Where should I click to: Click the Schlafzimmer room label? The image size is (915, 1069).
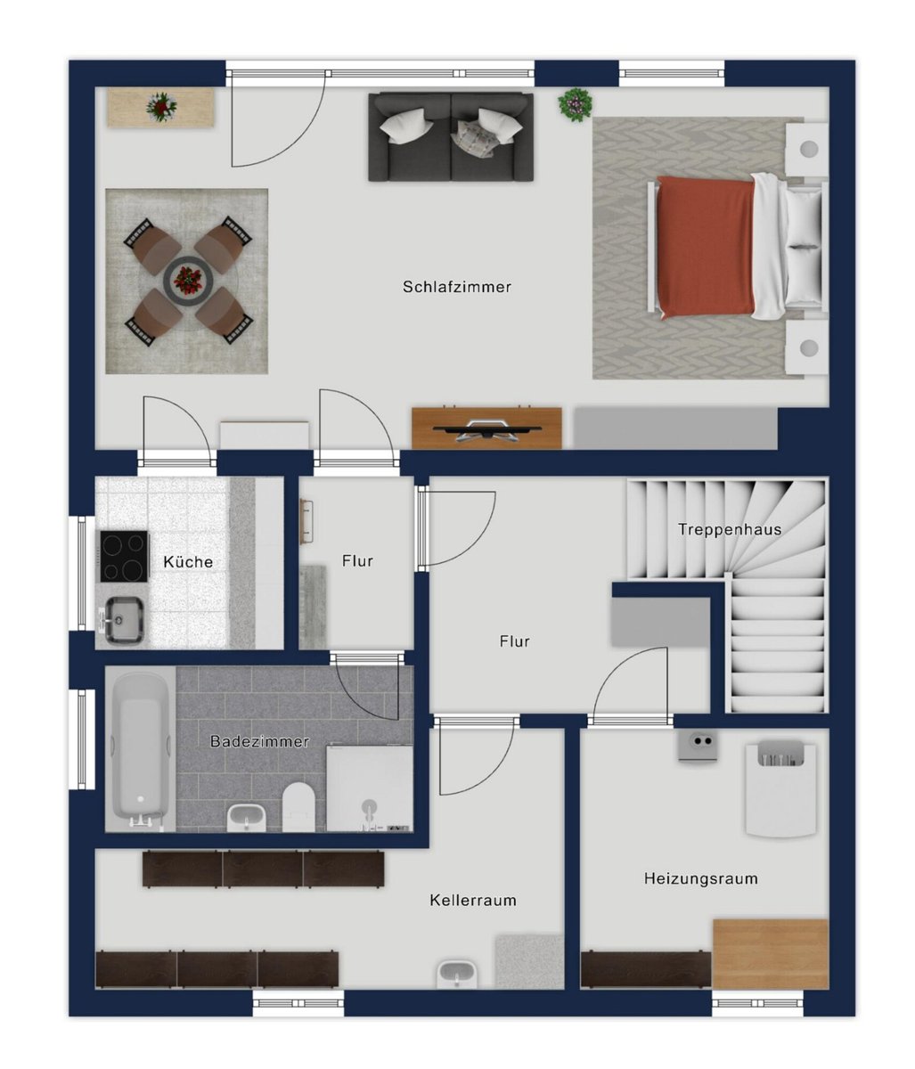[457, 287]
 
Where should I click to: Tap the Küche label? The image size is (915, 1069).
[188, 561]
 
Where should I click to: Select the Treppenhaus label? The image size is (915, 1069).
[730, 529]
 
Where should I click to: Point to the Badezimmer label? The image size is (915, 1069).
[259, 741]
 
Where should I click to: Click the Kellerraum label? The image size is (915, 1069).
[473, 901]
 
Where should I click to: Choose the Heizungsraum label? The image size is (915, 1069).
[701, 878]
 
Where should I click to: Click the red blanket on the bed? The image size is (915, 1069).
[705, 248]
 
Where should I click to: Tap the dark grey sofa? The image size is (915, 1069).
[451, 137]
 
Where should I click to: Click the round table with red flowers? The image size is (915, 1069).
[187, 281]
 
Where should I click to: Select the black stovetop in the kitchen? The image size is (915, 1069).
[124, 556]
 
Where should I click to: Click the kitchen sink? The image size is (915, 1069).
[123, 620]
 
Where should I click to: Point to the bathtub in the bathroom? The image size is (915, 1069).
[140, 748]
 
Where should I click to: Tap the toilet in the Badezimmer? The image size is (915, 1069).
[298, 806]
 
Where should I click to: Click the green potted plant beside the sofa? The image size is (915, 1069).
[576, 105]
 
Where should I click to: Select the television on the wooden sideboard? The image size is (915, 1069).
[486, 429]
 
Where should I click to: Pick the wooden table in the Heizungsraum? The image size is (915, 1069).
[771, 953]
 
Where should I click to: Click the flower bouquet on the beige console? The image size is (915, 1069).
[161, 107]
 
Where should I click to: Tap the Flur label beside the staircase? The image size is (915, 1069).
[514, 641]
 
